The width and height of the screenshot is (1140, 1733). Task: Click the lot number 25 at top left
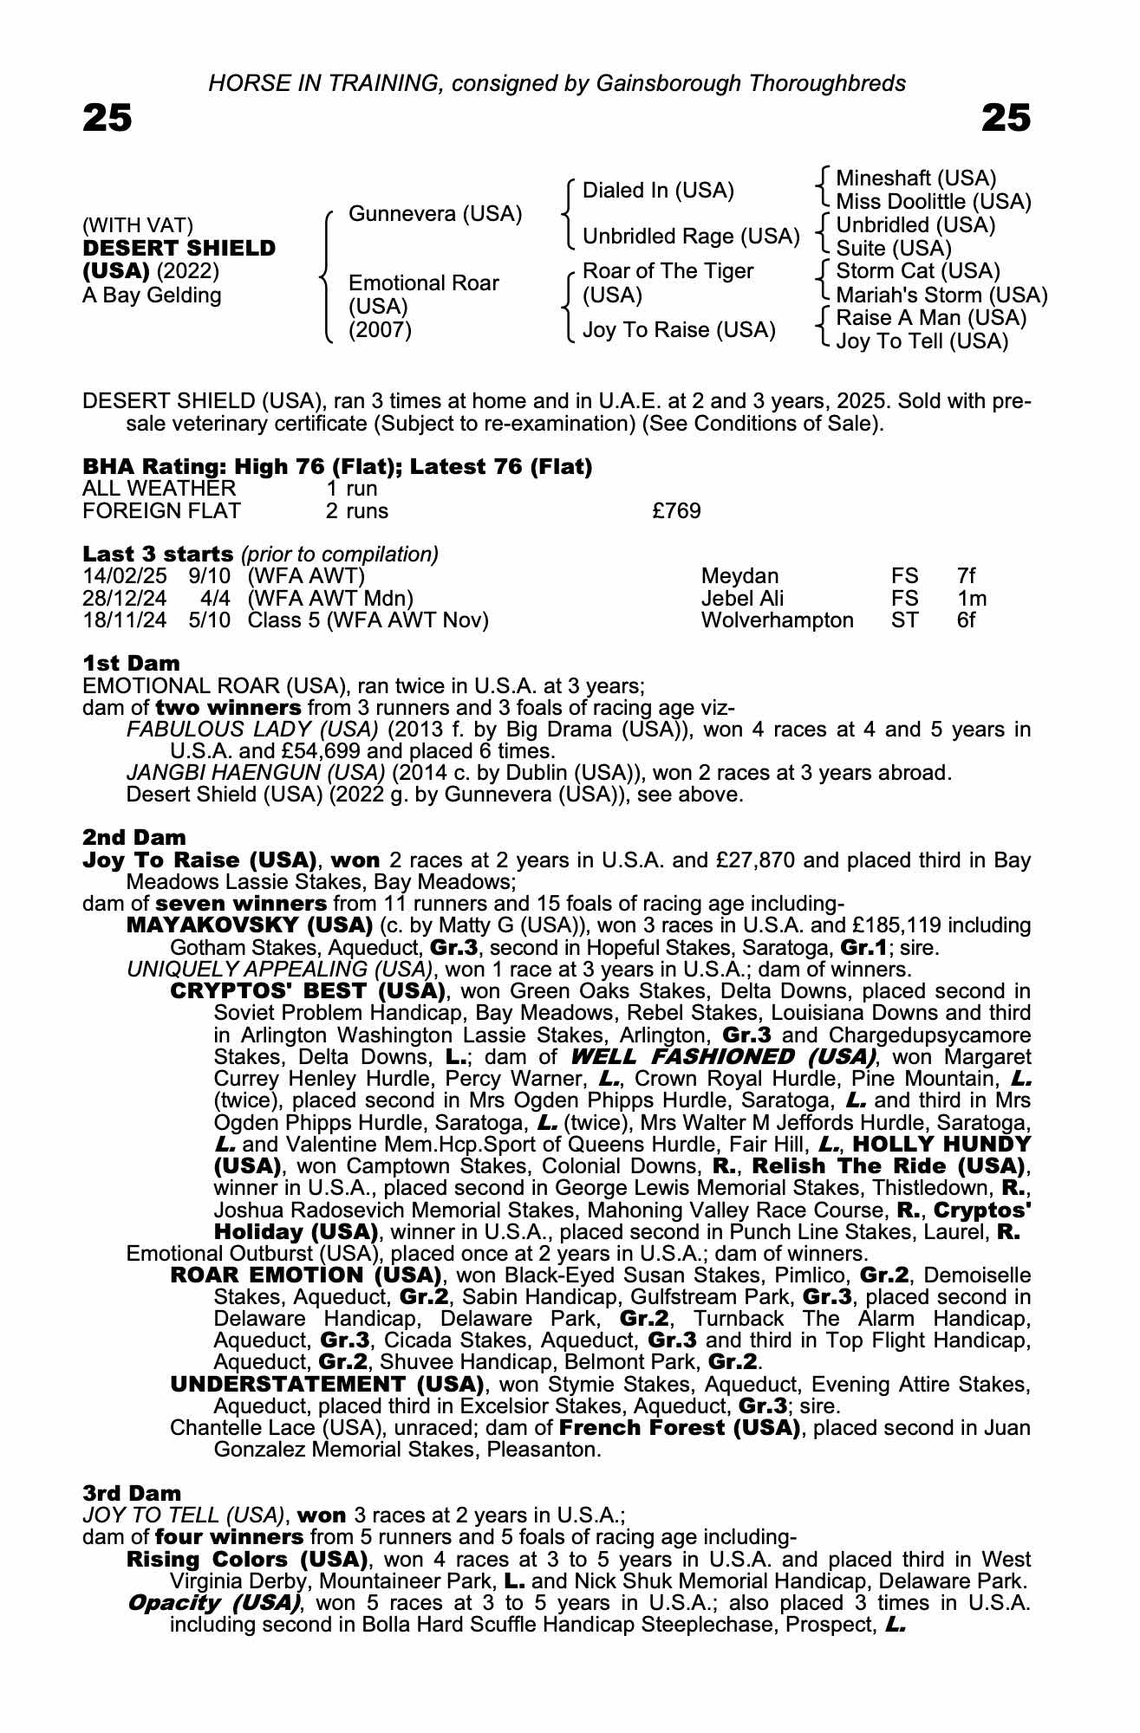pyautogui.click(x=107, y=118)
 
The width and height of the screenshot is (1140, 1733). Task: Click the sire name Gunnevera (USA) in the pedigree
pyautogui.click(x=434, y=213)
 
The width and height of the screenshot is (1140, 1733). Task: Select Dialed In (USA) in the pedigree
pyautogui.click(x=658, y=190)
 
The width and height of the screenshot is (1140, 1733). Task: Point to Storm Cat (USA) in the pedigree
pyautogui.click(x=918, y=271)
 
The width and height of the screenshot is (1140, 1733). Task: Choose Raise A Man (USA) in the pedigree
pyautogui.click(x=931, y=318)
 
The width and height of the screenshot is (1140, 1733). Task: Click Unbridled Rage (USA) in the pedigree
pyautogui.click(x=690, y=236)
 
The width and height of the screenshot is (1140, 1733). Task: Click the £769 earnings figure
pyautogui.click(x=676, y=511)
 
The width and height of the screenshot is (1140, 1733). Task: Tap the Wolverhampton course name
pyautogui.click(x=777, y=620)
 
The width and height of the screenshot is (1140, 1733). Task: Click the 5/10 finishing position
pyautogui.click(x=210, y=620)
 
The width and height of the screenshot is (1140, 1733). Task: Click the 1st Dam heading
pyautogui.click(x=131, y=663)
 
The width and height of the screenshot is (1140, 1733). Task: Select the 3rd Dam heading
pyautogui.click(x=132, y=1492)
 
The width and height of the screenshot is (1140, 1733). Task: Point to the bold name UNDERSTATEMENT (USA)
pyautogui.click(x=327, y=1384)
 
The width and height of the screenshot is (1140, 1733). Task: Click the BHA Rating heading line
pyautogui.click(x=337, y=467)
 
